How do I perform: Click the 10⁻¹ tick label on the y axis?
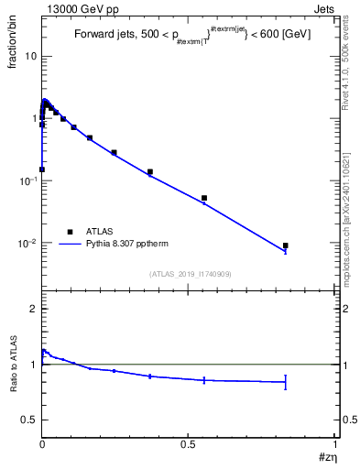[27, 180]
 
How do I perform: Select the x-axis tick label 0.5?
[188, 444]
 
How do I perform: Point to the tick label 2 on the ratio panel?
[33, 310]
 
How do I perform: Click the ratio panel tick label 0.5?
[29, 420]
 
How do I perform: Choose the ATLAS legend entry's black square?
[69, 232]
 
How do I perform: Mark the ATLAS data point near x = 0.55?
[204, 198]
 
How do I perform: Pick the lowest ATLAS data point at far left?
[42, 169]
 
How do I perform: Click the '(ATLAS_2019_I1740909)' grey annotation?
[188, 274]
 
